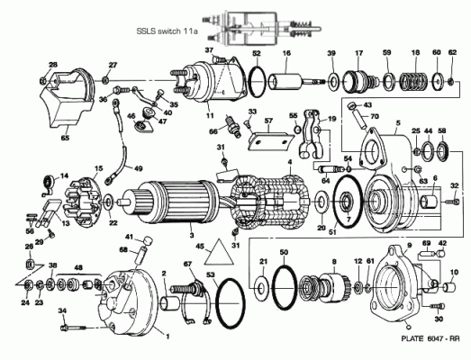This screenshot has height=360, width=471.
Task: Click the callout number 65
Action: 65,138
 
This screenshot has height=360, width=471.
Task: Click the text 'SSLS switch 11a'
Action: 167,31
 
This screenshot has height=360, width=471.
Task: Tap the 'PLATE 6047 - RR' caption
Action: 430,338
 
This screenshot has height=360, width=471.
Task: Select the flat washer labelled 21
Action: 260,290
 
